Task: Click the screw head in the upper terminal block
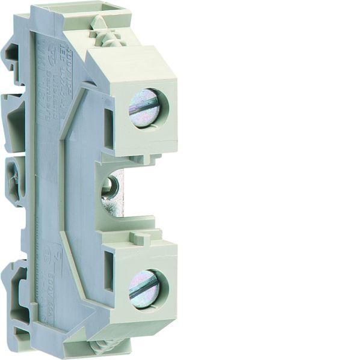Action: [144, 108]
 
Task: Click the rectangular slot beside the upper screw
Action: [108, 127]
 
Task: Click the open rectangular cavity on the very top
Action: [108, 10]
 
